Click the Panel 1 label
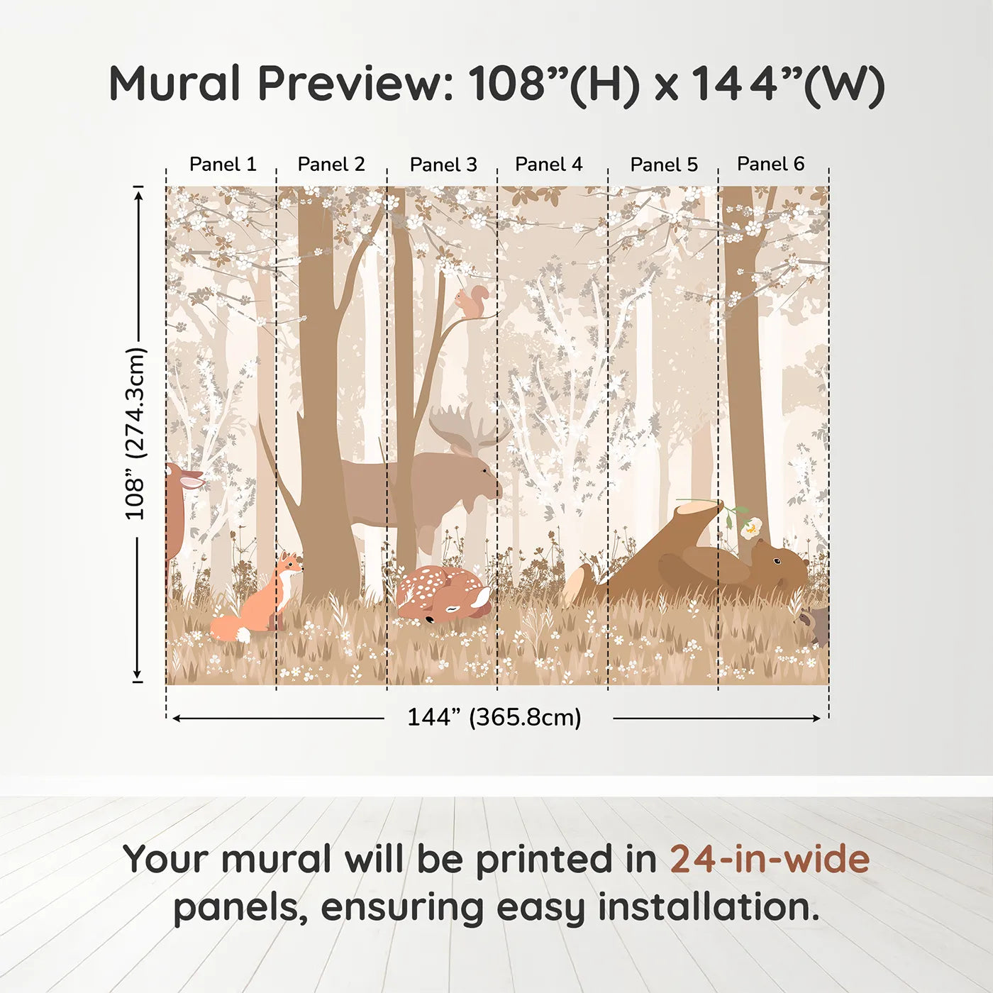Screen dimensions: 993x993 point(222,164)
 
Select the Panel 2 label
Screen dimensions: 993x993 point(331,164)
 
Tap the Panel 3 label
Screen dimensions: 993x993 point(443,165)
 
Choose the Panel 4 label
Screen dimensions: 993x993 point(548,164)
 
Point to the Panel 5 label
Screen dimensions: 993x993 point(664,165)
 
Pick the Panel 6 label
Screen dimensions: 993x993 point(770,164)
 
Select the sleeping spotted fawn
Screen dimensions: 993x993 point(443,594)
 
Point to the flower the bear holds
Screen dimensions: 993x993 point(750,527)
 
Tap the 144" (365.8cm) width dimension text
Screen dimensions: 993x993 point(494,717)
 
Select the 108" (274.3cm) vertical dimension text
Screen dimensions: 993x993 point(135,433)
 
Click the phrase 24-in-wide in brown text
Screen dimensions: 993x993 point(770,859)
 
